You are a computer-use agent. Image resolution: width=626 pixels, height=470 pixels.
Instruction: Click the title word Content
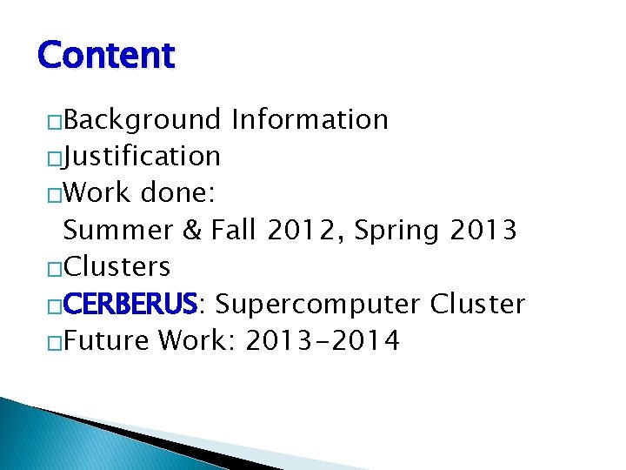tap(106, 55)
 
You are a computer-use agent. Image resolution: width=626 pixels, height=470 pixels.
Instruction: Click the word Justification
tap(142, 157)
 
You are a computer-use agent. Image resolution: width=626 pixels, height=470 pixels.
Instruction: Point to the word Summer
tap(118, 231)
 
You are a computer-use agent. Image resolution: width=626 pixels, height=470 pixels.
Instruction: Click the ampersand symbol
tap(191, 231)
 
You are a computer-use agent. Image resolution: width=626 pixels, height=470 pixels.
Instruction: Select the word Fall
tap(233, 231)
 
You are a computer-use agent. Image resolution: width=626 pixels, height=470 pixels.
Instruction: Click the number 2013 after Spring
tap(484, 231)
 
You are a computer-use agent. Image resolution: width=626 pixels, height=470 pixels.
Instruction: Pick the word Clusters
tap(117, 266)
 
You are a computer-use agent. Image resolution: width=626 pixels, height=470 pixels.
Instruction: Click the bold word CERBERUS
tap(130, 305)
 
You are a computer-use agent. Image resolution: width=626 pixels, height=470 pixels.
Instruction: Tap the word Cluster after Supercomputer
tap(478, 305)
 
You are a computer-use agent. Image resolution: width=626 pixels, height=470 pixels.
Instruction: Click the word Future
tap(106, 341)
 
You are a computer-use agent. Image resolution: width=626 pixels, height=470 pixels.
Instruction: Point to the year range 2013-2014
tap(323, 341)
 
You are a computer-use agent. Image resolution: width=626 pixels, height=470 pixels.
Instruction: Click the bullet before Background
tap(55, 121)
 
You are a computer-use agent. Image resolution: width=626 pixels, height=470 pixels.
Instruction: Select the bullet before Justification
tap(55, 158)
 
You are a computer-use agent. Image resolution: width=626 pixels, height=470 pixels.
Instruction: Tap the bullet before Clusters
tap(55, 268)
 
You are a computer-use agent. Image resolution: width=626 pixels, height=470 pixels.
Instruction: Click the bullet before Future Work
tap(55, 343)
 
